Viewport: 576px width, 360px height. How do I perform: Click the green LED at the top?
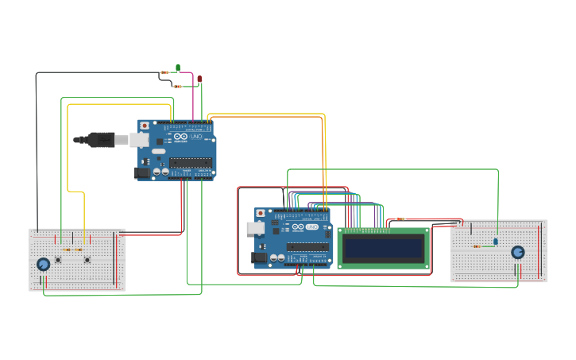[x=178, y=68]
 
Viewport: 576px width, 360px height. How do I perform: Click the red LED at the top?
[x=199, y=79]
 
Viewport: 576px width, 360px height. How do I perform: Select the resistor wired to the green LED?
[x=164, y=72]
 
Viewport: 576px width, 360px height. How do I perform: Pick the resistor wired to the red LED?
[x=177, y=86]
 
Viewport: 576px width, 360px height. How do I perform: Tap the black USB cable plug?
[x=102, y=140]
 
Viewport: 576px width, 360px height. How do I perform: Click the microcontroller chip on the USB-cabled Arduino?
[x=191, y=162]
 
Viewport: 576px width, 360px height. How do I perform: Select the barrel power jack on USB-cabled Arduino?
[x=141, y=172]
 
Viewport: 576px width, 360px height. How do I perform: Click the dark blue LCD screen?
[x=383, y=248]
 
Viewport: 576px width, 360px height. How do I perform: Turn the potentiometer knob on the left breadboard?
[x=43, y=264]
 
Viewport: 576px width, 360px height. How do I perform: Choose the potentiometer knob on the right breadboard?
[x=518, y=252]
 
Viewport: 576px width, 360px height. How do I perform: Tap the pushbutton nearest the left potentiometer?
[x=58, y=260]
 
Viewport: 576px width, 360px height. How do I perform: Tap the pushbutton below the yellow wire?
[x=87, y=260]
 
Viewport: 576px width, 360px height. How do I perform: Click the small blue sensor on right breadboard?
[x=496, y=242]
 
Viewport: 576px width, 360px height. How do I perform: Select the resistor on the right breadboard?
[x=477, y=246]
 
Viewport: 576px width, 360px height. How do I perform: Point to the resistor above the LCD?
[x=400, y=219]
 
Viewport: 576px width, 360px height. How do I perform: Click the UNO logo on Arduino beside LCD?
[x=311, y=227]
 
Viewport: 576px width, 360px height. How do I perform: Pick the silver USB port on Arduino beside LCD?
[x=256, y=228]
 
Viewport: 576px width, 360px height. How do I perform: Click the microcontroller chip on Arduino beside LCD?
[x=307, y=246]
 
